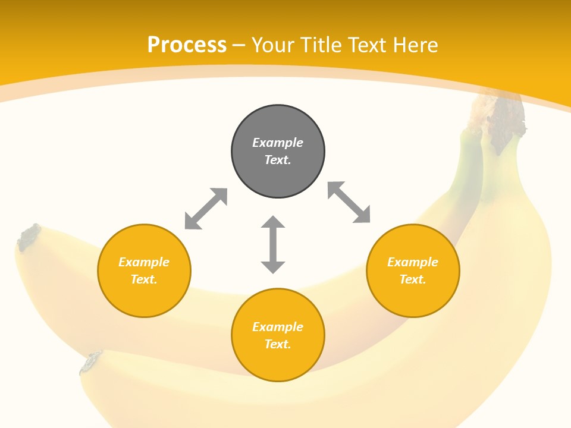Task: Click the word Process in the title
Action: [187, 45]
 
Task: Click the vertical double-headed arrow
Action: [273, 244]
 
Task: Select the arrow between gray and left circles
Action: [206, 209]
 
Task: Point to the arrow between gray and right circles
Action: [349, 203]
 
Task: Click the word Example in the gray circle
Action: [278, 143]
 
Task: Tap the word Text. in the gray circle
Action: [278, 160]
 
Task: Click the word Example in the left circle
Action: [144, 262]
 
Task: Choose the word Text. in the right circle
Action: [413, 279]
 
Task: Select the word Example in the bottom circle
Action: [278, 327]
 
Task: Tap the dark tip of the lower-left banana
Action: [91, 362]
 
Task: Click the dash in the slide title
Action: [239, 45]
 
